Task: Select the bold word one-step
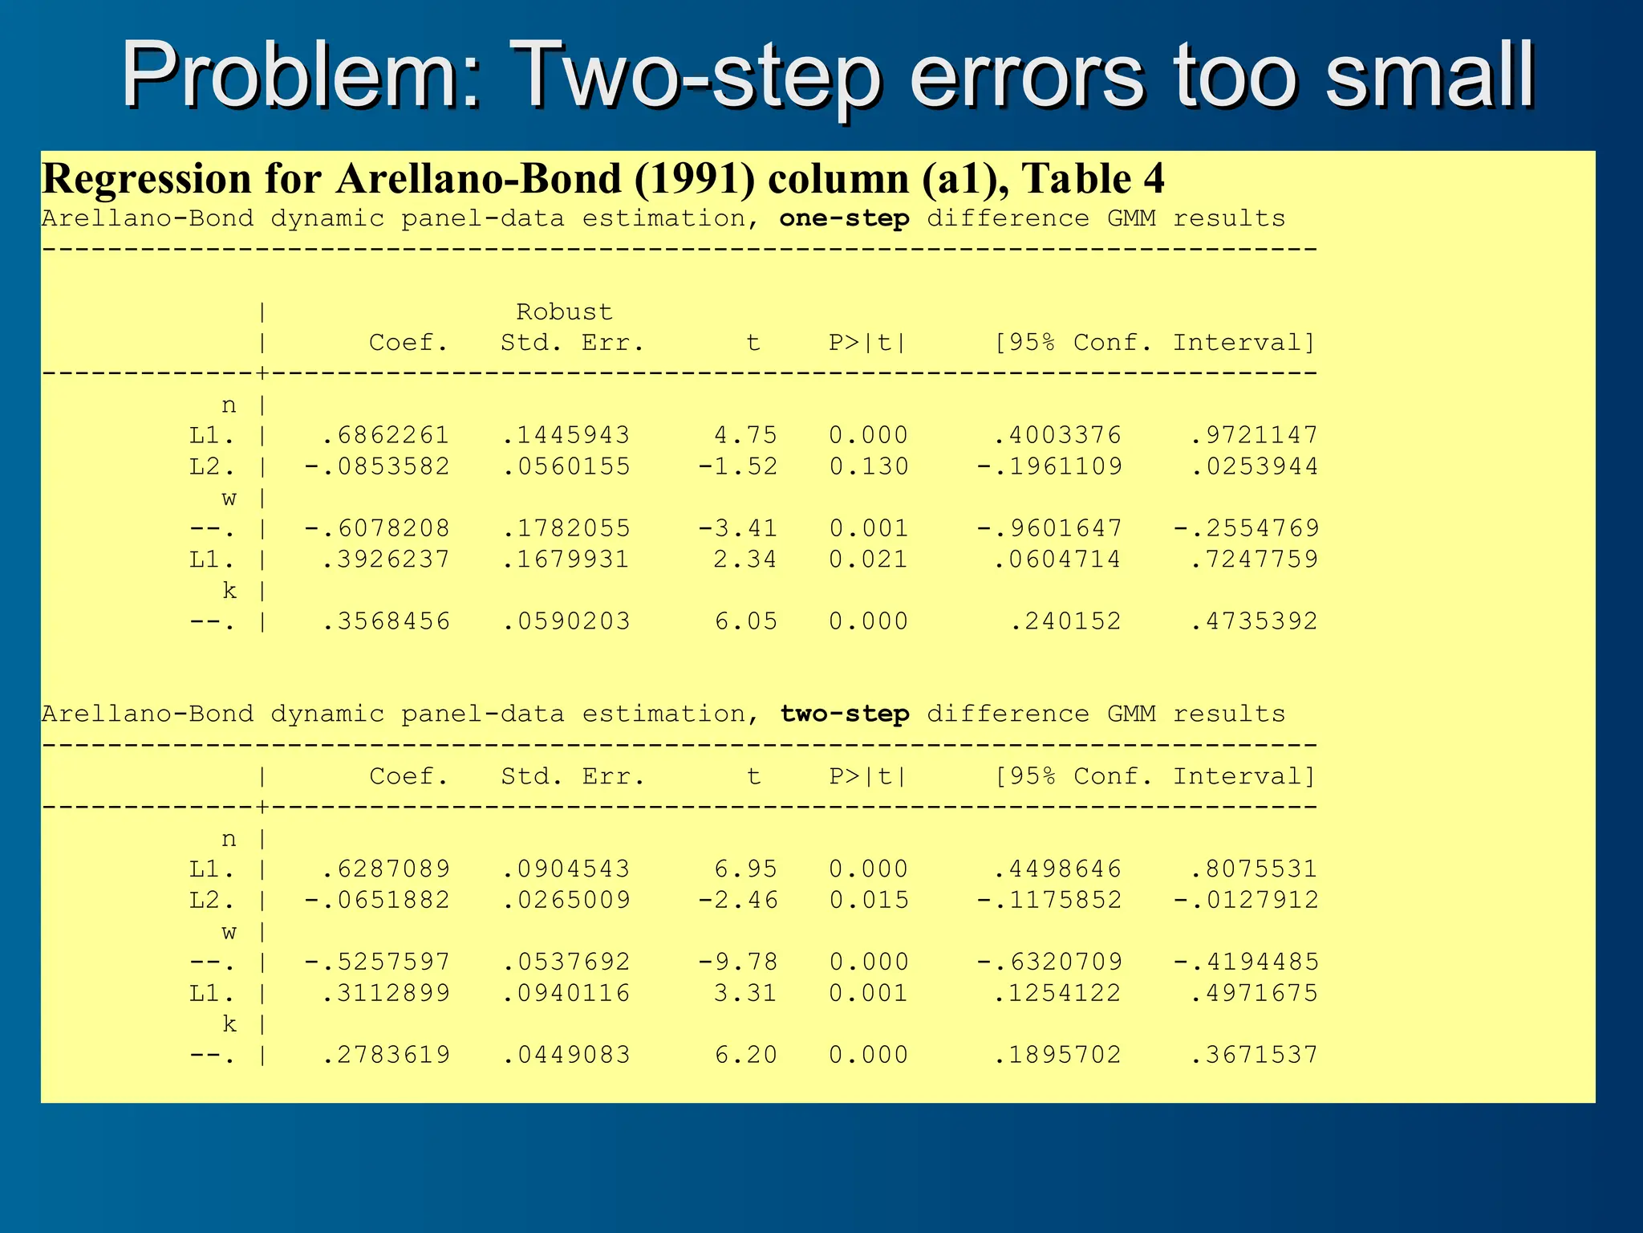click(x=844, y=218)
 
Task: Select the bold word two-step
click(x=844, y=714)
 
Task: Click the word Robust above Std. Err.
click(x=564, y=311)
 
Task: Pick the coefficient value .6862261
click(x=385, y=435)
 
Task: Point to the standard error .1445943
click(x=566, y=435)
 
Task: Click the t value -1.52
click(x=737, y=466)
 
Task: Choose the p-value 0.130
click(x=868, y=466)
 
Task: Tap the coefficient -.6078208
click(x=377, y=528)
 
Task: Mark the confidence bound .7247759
click(x=1254, y=559)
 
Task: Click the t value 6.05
click(x=746, y=621)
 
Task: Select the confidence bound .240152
click(x=1065, y=621)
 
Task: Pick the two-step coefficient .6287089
click(x=385, y=869)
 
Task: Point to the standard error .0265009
click(x=566, y=900)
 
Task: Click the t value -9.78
click(x=737, y=962)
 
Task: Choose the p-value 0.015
click(x=868, y=900)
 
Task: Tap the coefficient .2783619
click(x=385, y=1055)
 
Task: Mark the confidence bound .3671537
click(x=1254, y=1055)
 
